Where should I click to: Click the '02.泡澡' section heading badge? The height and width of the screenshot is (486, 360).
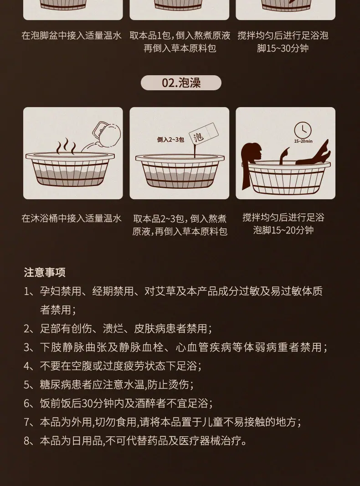click(x=181, y=83)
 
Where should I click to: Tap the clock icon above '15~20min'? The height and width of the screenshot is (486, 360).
click(x=303, y=130)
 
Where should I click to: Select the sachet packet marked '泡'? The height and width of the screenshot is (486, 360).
click(x=204, y=134)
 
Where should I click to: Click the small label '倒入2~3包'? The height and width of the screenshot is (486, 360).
click(x=170, y=140)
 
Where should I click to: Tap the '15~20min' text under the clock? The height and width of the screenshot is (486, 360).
click(x=303, y=141)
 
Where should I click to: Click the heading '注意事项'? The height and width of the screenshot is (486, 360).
click(x=45, y=272)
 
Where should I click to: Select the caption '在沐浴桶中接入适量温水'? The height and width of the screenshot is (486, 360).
click(x=72, y=218)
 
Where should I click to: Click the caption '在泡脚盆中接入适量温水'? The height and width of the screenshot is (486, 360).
click(x=72, y=36)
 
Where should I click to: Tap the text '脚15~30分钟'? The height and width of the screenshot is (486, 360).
click(x=283, y=48)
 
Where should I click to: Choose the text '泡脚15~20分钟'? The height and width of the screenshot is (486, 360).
click(x=283, y=230)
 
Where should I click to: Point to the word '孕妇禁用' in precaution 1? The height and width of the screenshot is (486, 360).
click(x=61, y=291)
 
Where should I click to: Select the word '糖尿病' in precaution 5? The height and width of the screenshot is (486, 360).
click(x=56, y=385)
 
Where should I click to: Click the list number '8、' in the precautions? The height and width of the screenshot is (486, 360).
click(x=31, y=441)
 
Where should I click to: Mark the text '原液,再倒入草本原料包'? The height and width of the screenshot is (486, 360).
click(x=180, y=232)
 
